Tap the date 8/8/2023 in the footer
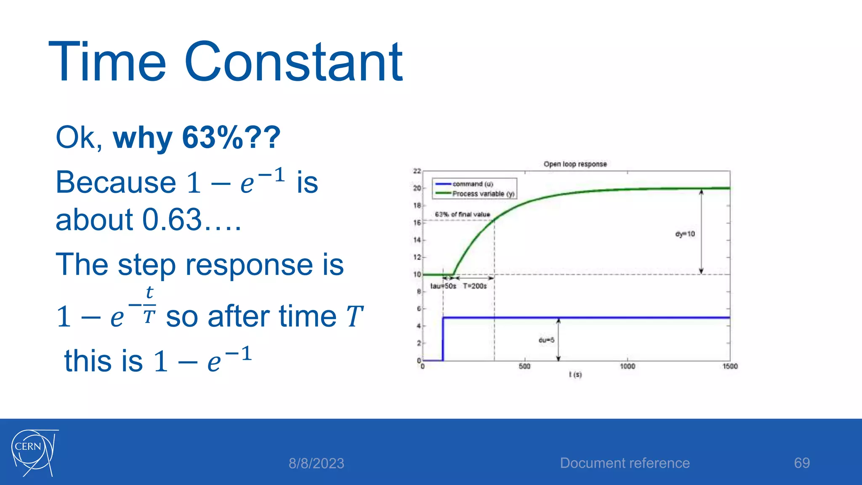[316, 464]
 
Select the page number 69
[801, 463]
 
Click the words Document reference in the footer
[625, 463]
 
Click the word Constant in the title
[293, 62]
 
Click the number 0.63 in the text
[172, 220]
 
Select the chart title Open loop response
[575, 164]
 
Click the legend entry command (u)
[472, 184]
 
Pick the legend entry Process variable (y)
[483, 194]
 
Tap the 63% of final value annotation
[462, 214]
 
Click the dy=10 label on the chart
[685, 234]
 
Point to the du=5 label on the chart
[546, 340]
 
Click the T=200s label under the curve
[475, 286]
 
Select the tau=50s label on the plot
[443, 286]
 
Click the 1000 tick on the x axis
[627, 366]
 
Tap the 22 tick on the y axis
[417, 171]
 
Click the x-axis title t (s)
[575, 374]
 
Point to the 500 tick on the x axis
[524, 366]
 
